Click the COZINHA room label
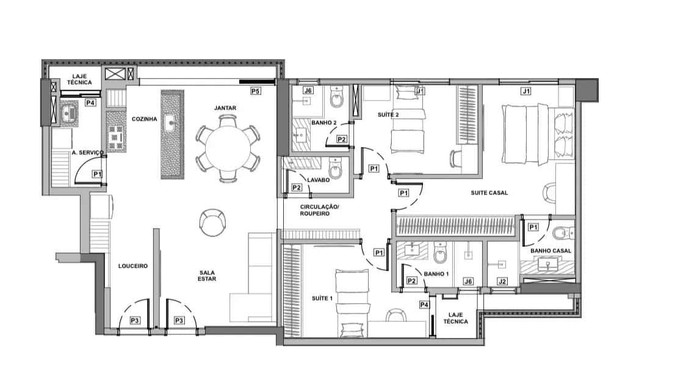coord(145,119)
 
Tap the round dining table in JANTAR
coord(228,149)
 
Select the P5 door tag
coord(256,91)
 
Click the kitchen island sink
coord(170,123)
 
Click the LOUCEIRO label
coord(133,266)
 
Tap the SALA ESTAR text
coord(207,276)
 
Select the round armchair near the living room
coord(212,222)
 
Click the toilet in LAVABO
coord(335,169)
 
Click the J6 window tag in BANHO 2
coord(308,90)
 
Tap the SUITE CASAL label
coord(489,193)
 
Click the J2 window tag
coord(502,281)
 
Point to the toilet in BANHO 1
coord(439,253)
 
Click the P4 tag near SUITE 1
coord(424,305)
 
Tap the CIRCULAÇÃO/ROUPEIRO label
coord(319,210)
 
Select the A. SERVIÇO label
coord(88,152)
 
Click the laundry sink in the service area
coord(67,114)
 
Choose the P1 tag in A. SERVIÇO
coord(97,174)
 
